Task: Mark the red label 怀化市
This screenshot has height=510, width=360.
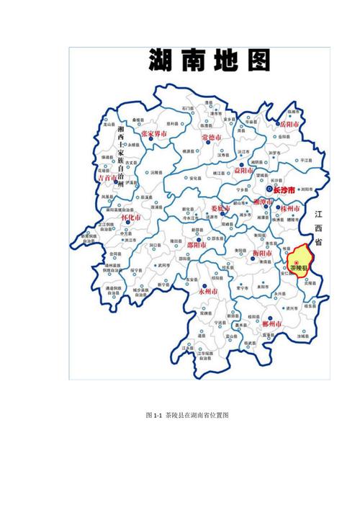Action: tap(130, 217)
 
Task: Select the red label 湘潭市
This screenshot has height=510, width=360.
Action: tap(262, 203)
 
